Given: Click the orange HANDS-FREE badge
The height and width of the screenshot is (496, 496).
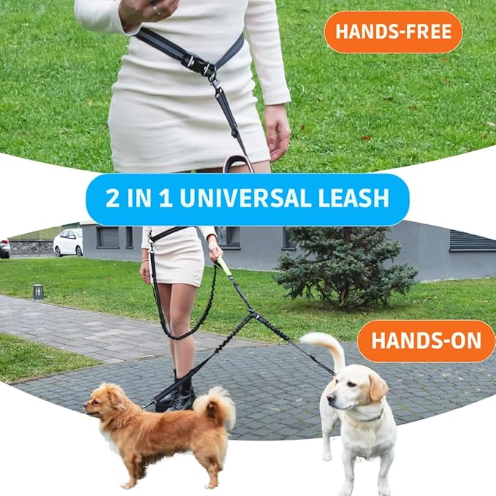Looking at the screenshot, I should click(x=393, y=32).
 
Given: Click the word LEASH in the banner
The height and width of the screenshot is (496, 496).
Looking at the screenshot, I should click(x=356, y=199).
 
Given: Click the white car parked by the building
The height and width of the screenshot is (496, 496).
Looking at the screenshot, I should click(x=68, y=243).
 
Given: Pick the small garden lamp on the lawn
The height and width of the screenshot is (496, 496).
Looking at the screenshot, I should click(x=38, y=291).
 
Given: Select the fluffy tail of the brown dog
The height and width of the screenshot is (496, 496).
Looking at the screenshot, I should click(x=217, y=405).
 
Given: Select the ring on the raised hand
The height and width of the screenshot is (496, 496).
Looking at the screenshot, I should click(x=154, y=9).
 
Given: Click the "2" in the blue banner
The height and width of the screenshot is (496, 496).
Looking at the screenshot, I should click(x=112, y=199).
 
